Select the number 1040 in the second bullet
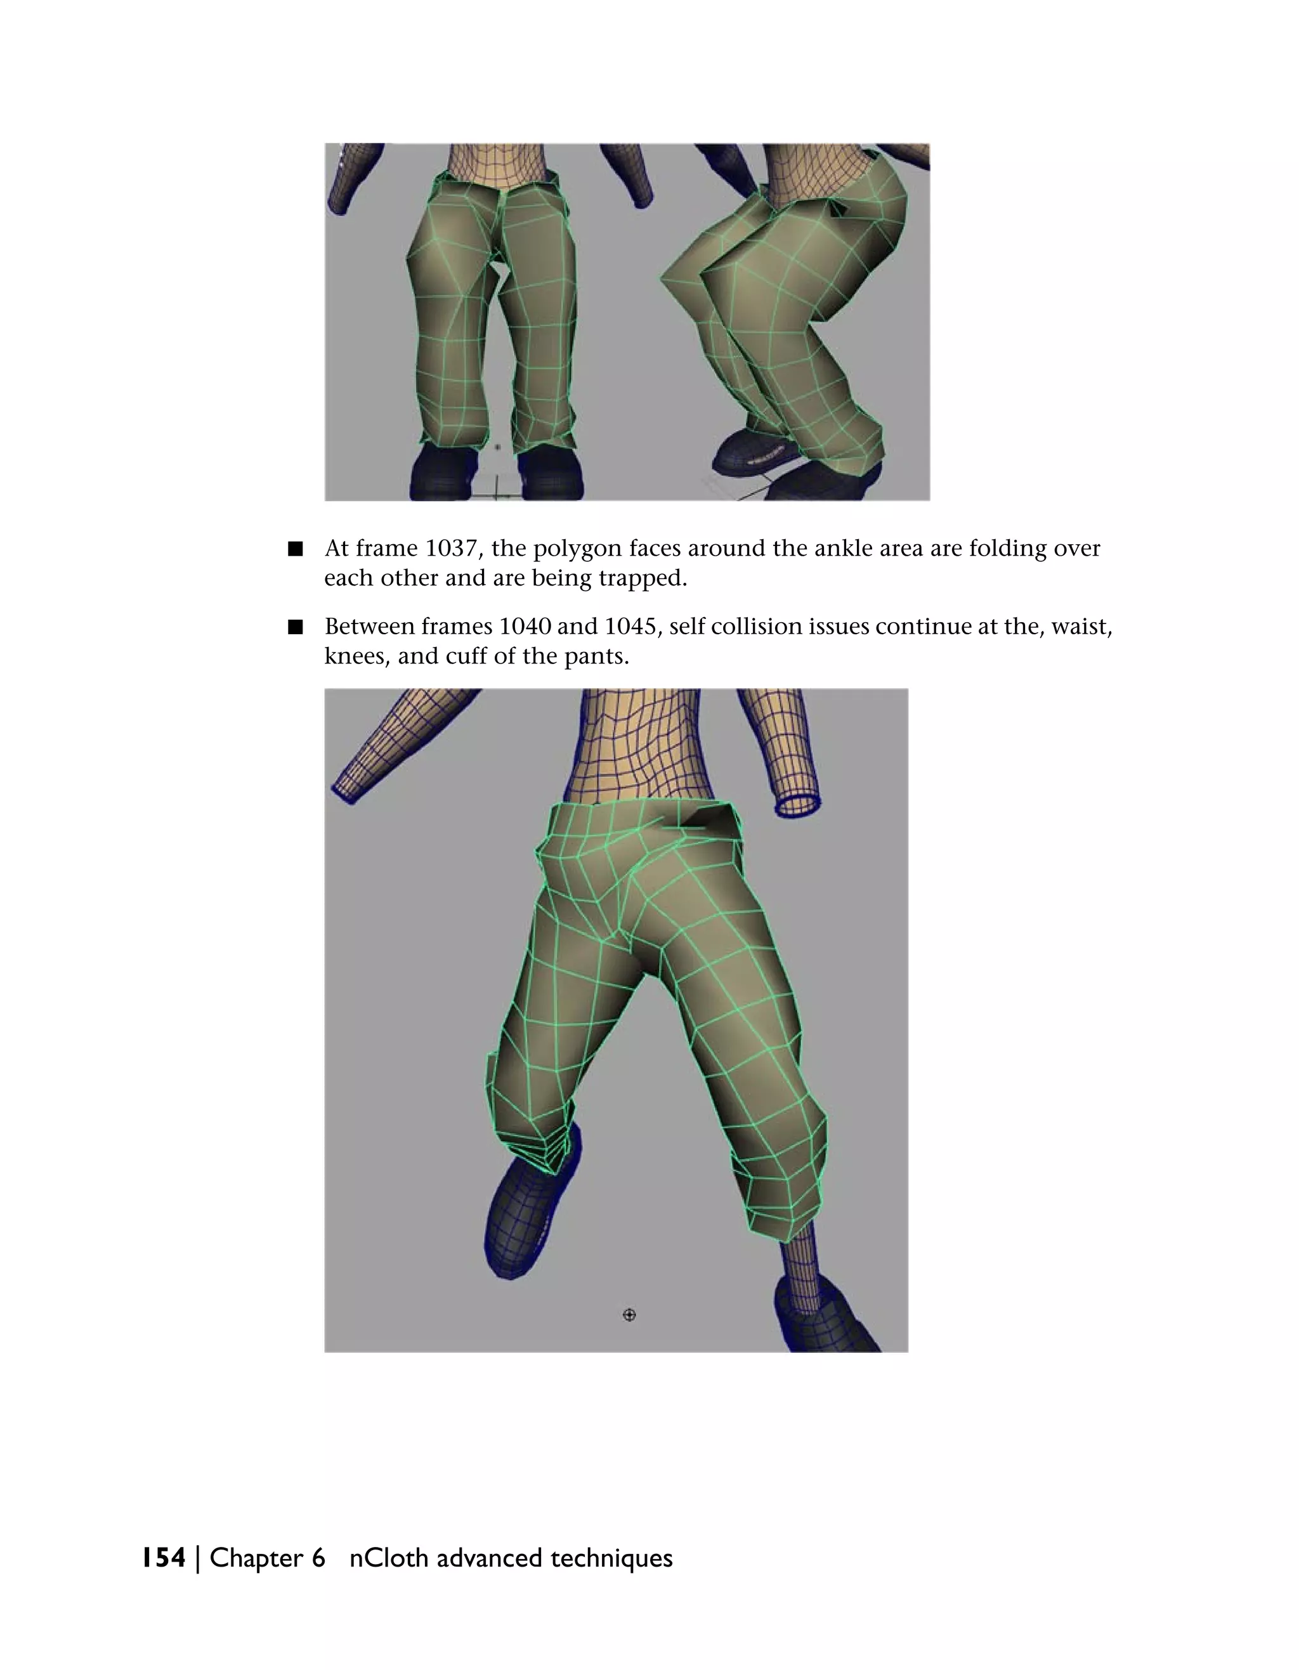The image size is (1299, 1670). coord(525,627)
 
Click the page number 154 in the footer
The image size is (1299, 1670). coord(164,1558)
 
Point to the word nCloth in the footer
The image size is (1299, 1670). coord(388,1558)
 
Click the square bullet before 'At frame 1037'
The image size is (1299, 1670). coord(295,549)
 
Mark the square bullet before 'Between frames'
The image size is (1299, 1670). coord(295,628)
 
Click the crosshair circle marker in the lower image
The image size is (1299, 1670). coord(629,1314)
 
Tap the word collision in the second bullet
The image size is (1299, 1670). coord(769,627)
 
